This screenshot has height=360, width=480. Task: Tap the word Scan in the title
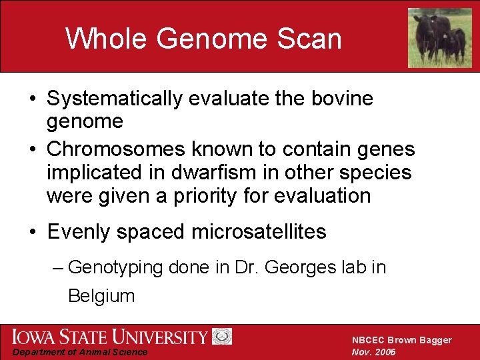pyautogui.click(x=307, y=39)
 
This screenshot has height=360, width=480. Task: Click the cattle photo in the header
pyautogui.click(x=439, y=37)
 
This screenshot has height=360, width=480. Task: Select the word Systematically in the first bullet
pyautogui.click(x=114, y=99)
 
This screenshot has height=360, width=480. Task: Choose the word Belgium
pyautogui.click(x=101, y=296)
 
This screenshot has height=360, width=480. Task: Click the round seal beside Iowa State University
pyautogui.click(x=221, y=336)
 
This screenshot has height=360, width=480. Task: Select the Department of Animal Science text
pyautogui.click(x=81, y=352)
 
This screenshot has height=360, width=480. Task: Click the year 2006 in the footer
pyautogui.click(x=385, y=352)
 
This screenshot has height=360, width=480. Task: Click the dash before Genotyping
pyautogui.click(x=58, y=268)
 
